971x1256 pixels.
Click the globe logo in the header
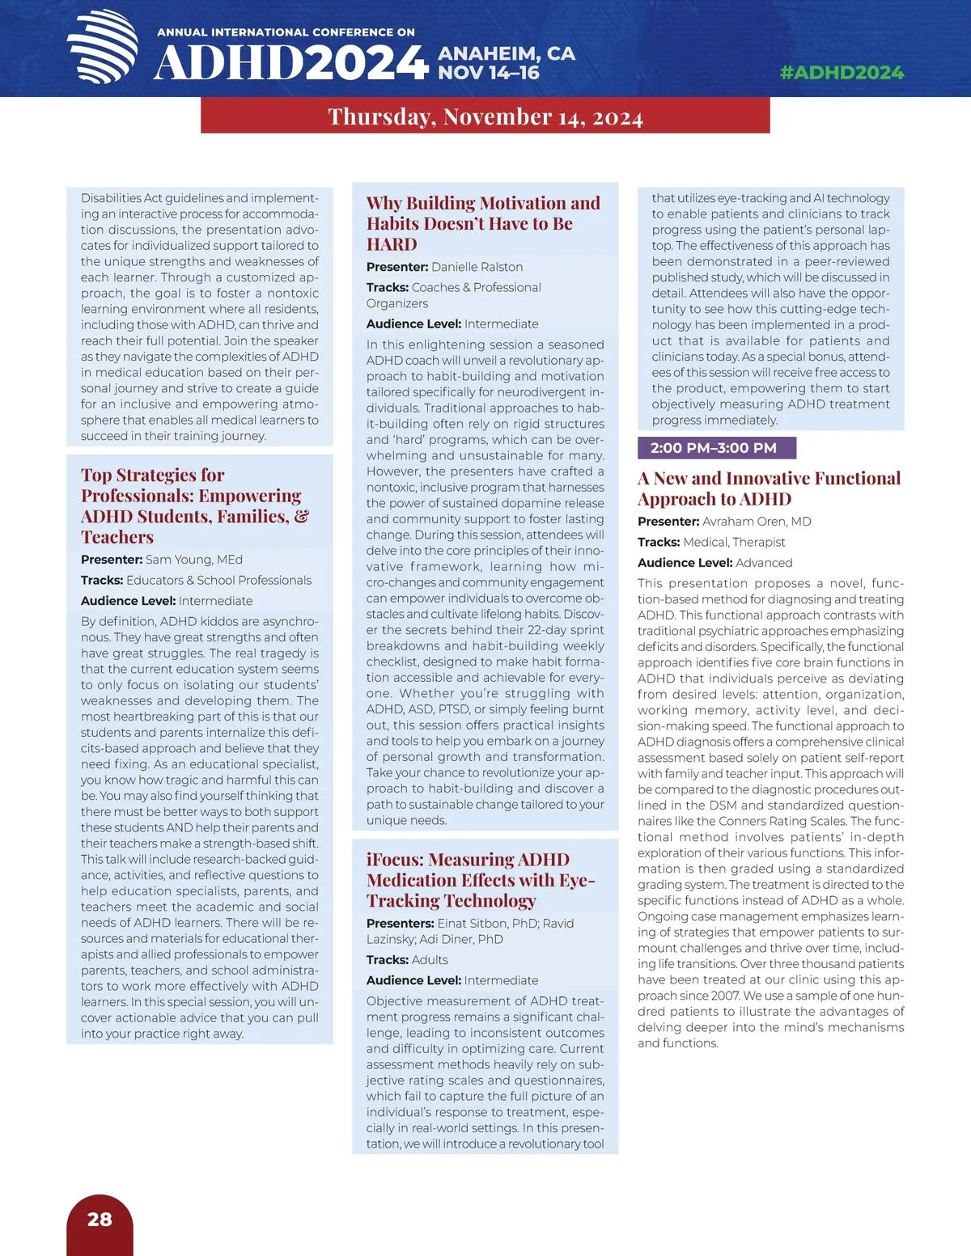(103, 47)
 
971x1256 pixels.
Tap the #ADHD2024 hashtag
(842, 73)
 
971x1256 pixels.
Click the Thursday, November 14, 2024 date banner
(485, 116)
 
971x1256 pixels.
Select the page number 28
(100, 1219)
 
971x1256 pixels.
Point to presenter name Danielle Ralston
(477, 267)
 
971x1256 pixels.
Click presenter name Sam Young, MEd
(193, 560)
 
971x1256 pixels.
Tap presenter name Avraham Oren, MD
(757, 522)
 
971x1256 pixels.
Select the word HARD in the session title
(392, 244)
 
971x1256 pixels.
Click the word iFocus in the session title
(394, 860)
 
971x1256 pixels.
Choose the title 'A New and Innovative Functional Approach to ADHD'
(769, 488)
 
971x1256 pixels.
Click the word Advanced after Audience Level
(764, 563)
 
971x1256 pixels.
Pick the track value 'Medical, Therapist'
(734, 542)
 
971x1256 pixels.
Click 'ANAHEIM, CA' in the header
(507, 53)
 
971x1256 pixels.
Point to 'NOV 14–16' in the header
(489, 73)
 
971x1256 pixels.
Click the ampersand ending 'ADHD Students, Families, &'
(302, 516)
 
